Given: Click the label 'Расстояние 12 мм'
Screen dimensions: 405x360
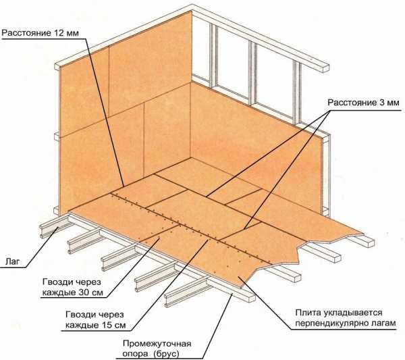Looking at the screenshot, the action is pos(40,33).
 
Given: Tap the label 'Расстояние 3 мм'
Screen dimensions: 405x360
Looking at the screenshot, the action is pos(363,103).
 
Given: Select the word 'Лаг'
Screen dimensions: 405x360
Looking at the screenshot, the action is pos(12,262).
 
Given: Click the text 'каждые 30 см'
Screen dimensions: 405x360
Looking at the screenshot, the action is pos(73,292).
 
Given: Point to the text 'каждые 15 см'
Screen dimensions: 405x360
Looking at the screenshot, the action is pos(96,325).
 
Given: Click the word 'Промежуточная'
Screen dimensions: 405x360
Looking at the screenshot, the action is pos(157,344).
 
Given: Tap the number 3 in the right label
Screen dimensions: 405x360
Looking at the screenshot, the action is pos(382,103).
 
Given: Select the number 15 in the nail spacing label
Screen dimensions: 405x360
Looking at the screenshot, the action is pos(106,325).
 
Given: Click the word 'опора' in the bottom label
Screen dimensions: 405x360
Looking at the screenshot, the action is pos(136,354).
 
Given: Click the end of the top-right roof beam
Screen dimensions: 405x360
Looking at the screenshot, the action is pos(325,68).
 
